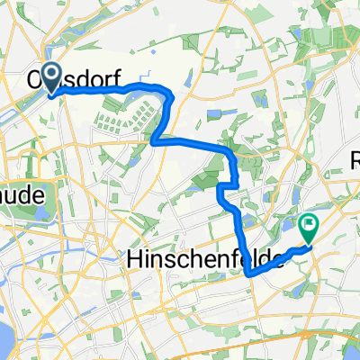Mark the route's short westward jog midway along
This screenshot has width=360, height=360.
[x=226, y=188]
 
